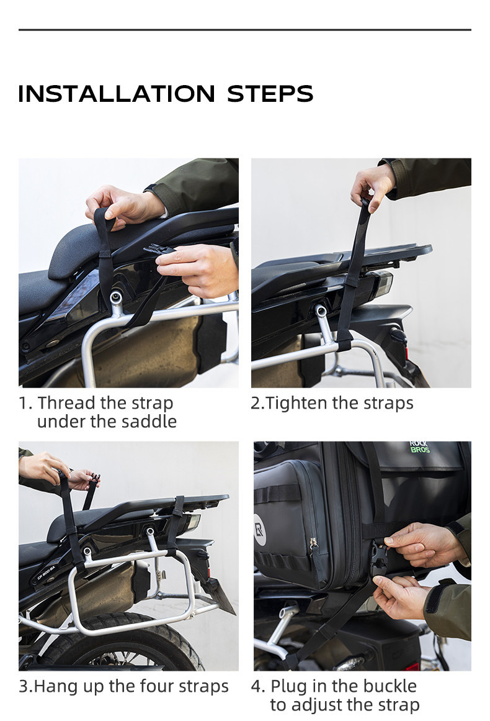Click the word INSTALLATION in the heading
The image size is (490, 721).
click(x=117, y=94)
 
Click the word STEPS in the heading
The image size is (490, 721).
click(x=270, y=94)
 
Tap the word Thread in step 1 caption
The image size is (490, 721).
click(x=66, y=403)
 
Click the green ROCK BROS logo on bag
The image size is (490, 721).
click(x=419, y=447)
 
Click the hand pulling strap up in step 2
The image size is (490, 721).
click(x=372, y=184)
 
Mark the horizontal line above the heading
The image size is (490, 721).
click(x=244, y=30)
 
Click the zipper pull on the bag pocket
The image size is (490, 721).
click(x=314, y=546)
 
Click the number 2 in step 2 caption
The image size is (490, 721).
click(x=255, y=403)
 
